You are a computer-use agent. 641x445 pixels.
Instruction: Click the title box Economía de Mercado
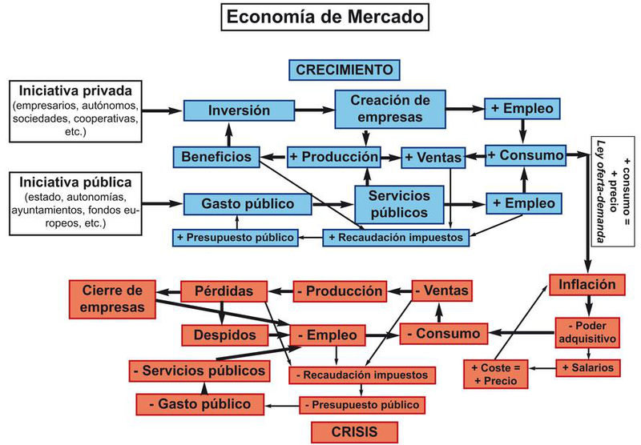[325, 17]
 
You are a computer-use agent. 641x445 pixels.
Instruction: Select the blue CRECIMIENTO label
[345, 70]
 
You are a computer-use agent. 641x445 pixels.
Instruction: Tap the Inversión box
[239, 110]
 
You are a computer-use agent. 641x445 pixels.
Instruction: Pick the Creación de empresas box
[390, 109]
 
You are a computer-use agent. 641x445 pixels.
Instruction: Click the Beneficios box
[216, 157]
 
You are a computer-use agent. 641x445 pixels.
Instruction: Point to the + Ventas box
[433, 158]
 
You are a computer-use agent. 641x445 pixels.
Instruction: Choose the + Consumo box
[526, 155]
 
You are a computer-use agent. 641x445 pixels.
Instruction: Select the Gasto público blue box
[248, 204]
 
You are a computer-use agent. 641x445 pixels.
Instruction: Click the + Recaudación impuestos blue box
[396, 238]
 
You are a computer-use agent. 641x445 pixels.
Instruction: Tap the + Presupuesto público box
[235, 238]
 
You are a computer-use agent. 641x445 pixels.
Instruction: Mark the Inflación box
[587, 285]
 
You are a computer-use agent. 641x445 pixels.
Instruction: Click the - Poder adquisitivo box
[587, 332]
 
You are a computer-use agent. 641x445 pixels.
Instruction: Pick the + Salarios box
[588, 368]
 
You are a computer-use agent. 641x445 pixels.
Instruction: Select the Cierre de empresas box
[112, 299]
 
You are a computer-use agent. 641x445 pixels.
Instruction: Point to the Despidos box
[225, 335]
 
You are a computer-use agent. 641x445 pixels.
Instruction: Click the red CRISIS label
[354, 432]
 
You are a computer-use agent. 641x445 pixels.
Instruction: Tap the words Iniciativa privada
[75, 90]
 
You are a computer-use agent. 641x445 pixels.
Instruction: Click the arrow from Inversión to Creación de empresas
[315, 110]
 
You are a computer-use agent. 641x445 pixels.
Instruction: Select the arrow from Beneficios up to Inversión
[228, 134]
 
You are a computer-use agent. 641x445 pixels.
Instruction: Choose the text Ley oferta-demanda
[600, 191]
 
